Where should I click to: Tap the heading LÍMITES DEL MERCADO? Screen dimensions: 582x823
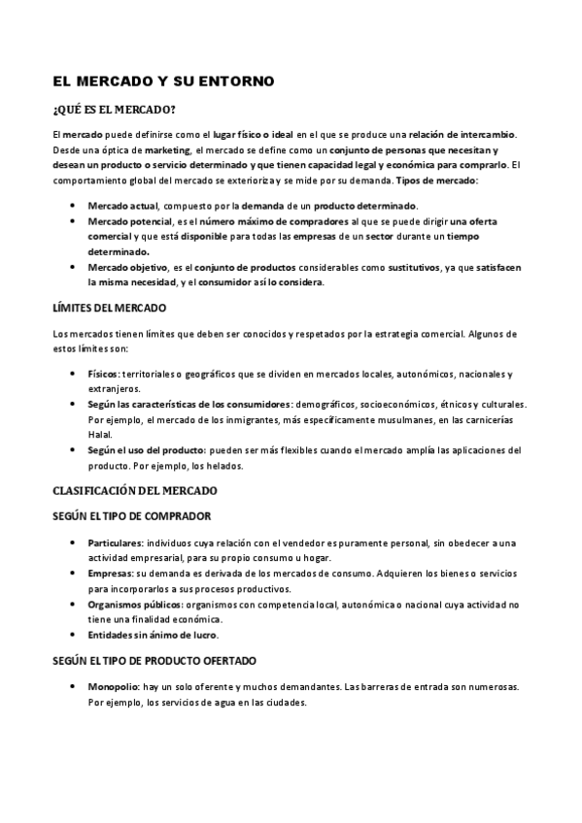pyautogui.click(x=109, y=308)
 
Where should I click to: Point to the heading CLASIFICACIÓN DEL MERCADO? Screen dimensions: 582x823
pyautogui.click(x=135, y=490)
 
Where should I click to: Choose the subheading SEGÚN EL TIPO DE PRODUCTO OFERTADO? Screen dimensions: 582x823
pyautogui.click(x=154, y=661)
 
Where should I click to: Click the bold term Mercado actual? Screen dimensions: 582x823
pyautogui.click(x=123, y=206)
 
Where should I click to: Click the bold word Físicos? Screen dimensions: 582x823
pyautogui.click(x=103, y=374)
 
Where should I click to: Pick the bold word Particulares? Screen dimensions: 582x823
pyautogui.click(x=115, y=543)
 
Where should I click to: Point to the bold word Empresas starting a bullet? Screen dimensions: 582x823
pyautogui.click(x=109, y=574)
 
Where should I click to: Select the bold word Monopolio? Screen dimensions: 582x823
pyautogui.click(x=113, y=687)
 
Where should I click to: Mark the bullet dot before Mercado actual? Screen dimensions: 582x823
pyautogui.click(x=76, y=206)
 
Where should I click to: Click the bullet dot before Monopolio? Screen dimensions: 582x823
pyautogui.click(x=76, y=687)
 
